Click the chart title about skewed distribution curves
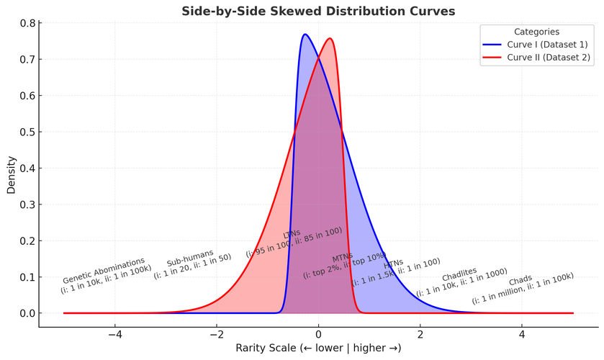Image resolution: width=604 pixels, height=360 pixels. click(317, 11)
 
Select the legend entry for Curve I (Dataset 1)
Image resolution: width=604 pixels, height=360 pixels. click(546, 44)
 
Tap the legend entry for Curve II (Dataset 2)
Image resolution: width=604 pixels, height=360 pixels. click(546, 56)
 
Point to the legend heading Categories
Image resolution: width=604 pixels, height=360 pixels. click(536, 32)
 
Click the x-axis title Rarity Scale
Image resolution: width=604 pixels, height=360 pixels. click(318, 348)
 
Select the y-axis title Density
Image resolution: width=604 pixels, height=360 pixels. click(11, 175)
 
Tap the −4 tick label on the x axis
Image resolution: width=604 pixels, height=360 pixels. click(114, 334)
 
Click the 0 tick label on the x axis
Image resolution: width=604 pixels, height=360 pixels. click(318, 334)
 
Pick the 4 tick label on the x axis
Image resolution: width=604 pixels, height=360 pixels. click(522, 334)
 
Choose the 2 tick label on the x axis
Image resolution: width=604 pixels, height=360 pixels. click(420, 334)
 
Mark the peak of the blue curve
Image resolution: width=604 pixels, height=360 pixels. click(305, 34)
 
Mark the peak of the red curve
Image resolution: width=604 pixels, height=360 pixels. click(330, 38)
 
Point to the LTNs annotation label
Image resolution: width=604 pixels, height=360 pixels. click(292, 235)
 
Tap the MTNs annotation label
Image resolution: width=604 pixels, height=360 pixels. click(342, 258)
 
